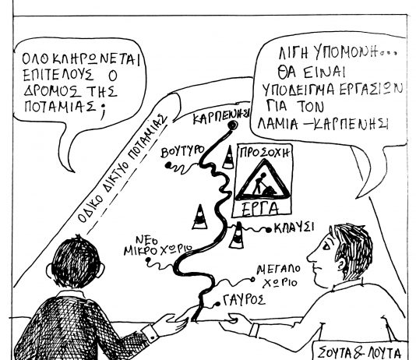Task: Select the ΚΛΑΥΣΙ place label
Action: point(294,228)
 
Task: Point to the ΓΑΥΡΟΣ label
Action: point(244,300)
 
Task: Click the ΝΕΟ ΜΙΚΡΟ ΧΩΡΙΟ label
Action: point(157,246)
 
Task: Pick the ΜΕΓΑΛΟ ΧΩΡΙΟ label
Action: point(279,276)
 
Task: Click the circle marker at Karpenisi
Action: point(233,125)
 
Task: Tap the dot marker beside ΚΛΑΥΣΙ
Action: point(269,230)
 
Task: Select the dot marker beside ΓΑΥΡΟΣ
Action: point(218,304)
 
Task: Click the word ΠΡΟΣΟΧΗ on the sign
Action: point(264,153)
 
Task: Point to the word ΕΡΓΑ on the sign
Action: point(260,209)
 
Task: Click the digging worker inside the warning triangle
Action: point(263,185)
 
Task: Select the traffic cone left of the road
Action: point(199,217)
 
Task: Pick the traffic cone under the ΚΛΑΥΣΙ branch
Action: point(237,235)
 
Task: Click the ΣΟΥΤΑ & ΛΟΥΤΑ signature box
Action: point(360,350)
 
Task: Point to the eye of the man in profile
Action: point(326,247)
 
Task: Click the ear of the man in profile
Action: point(342,263)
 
